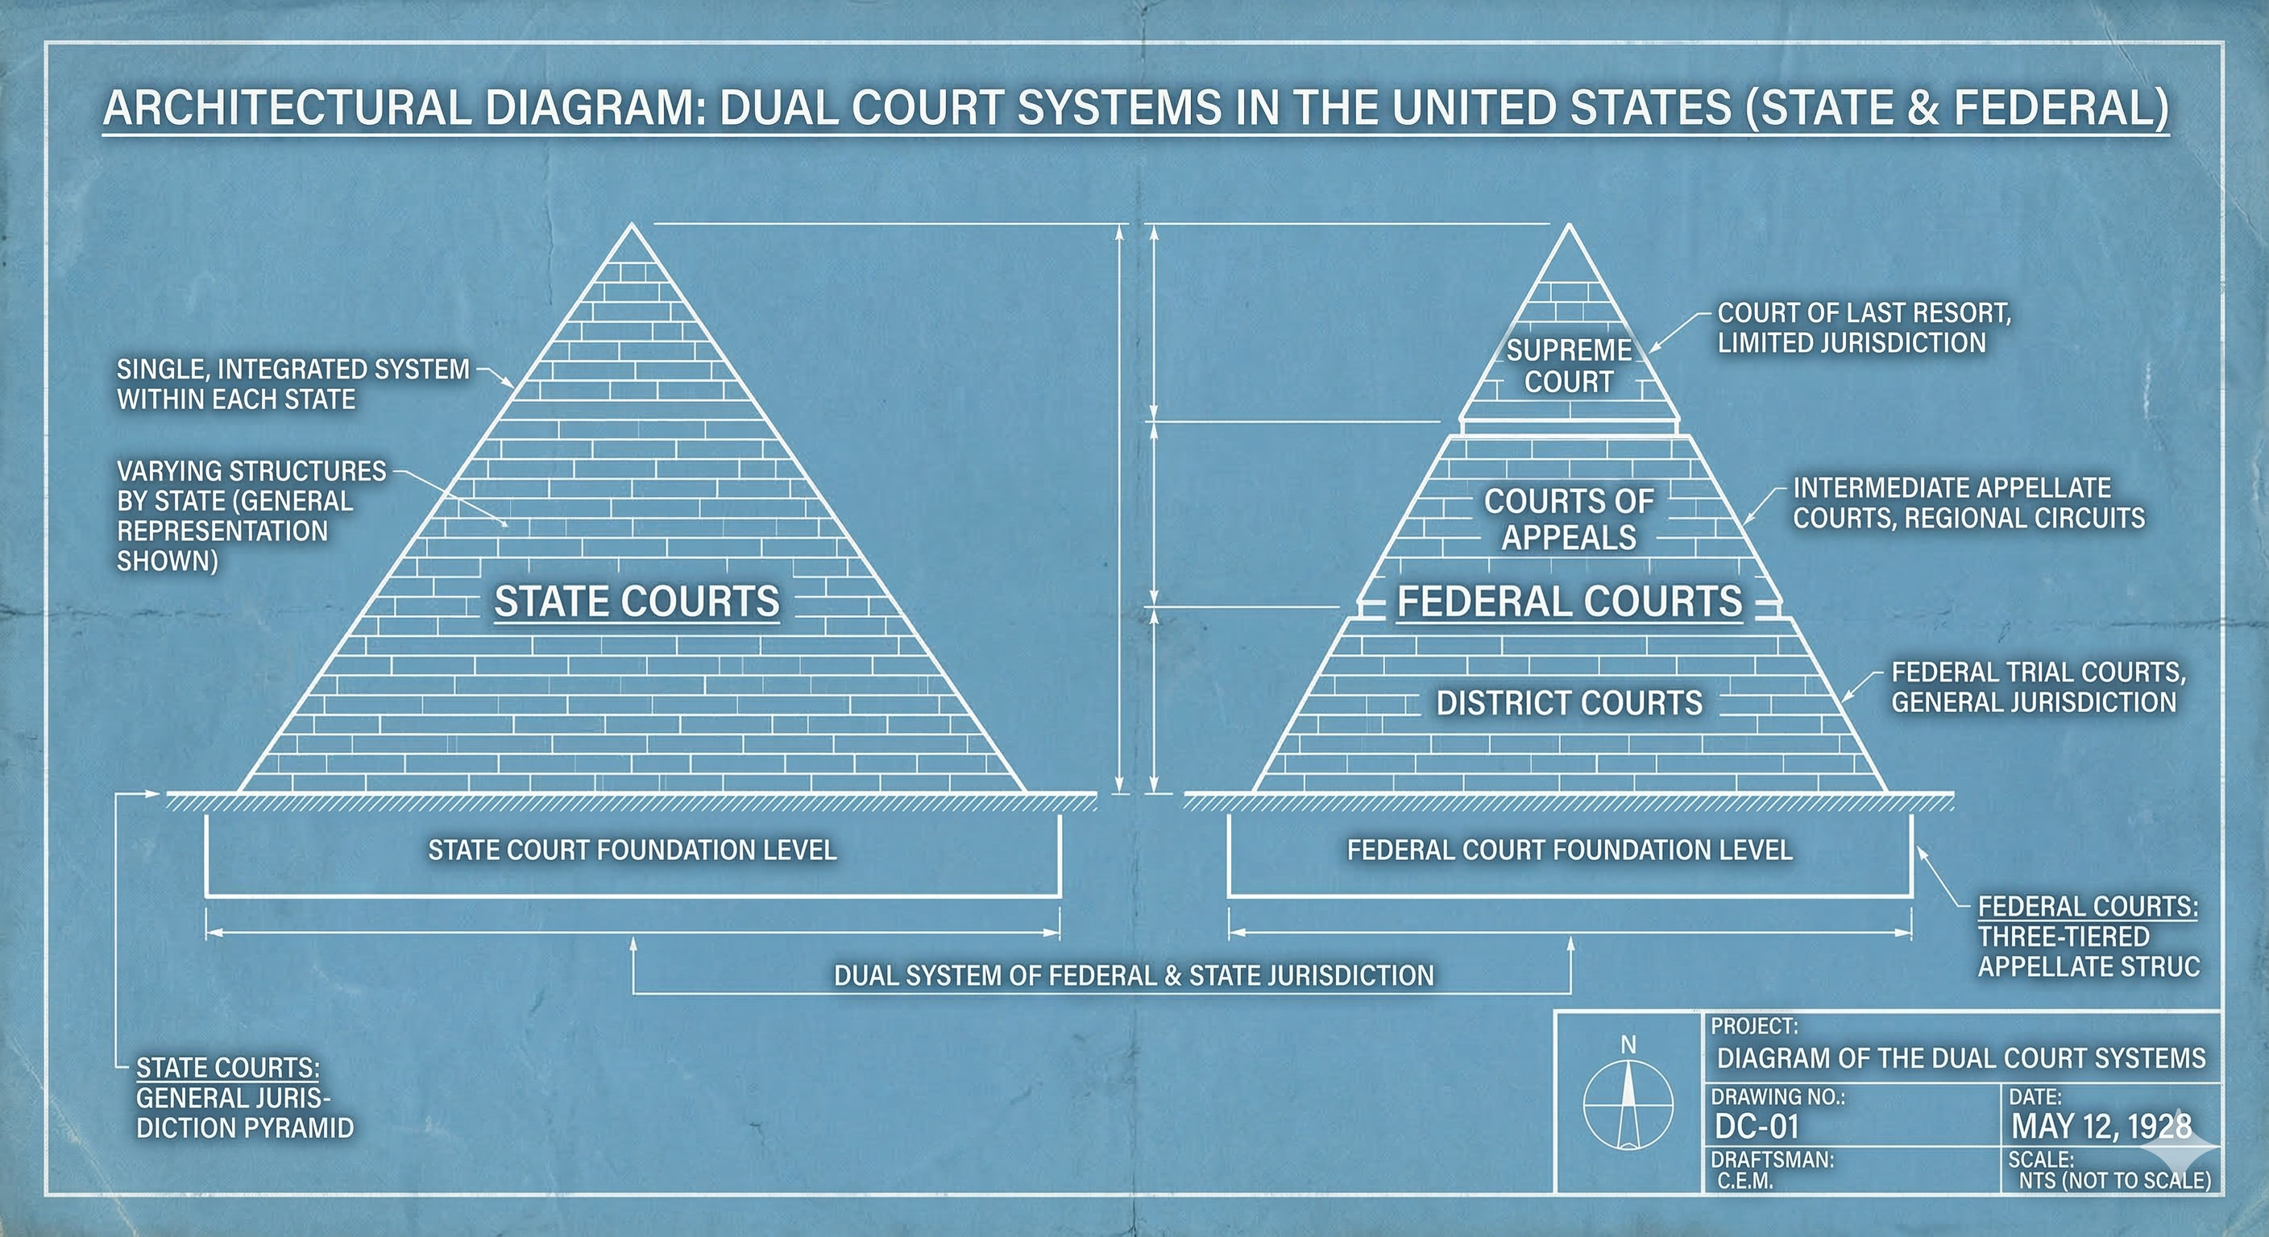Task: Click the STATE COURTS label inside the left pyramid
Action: [x=637, y=602]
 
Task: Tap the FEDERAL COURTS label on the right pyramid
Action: [x=1570, y=602]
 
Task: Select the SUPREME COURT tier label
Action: [x=1569, y=366]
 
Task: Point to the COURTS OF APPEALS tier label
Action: [x=1569, y=519]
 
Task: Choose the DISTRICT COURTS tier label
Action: [x=1570, y=702]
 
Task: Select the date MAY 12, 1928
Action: [x=2101, y=1126]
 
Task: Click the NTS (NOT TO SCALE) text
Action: [x=2114, y=1181]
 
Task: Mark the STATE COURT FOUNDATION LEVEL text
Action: [x=633, y=850]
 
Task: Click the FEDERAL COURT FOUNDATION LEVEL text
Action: [x=1570, y=850]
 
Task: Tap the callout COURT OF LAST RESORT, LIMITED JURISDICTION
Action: [x=1864, y=328]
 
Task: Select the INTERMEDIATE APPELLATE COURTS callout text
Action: [x=1968, y=503]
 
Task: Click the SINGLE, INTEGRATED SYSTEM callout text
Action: [x=293, y=384]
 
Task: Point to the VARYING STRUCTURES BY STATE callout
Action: [x=251, y=515]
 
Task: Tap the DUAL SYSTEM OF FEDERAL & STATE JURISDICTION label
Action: [x=1134, y=975]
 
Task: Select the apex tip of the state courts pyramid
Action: [x=632, y=226]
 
